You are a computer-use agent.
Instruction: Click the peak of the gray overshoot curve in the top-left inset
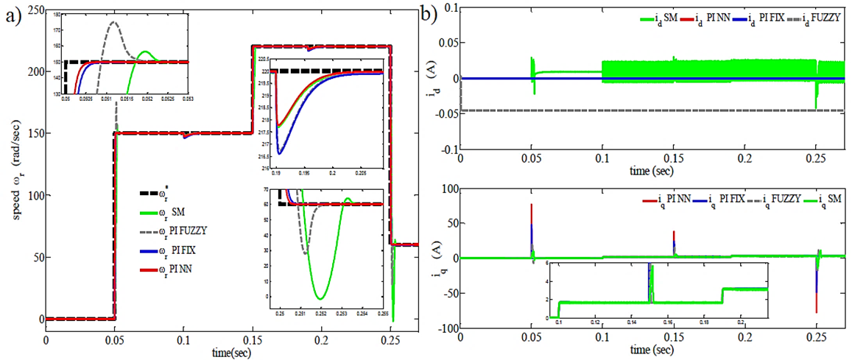(x=113, y=22)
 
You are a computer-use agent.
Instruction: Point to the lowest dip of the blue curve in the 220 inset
(x=280, y=153)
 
